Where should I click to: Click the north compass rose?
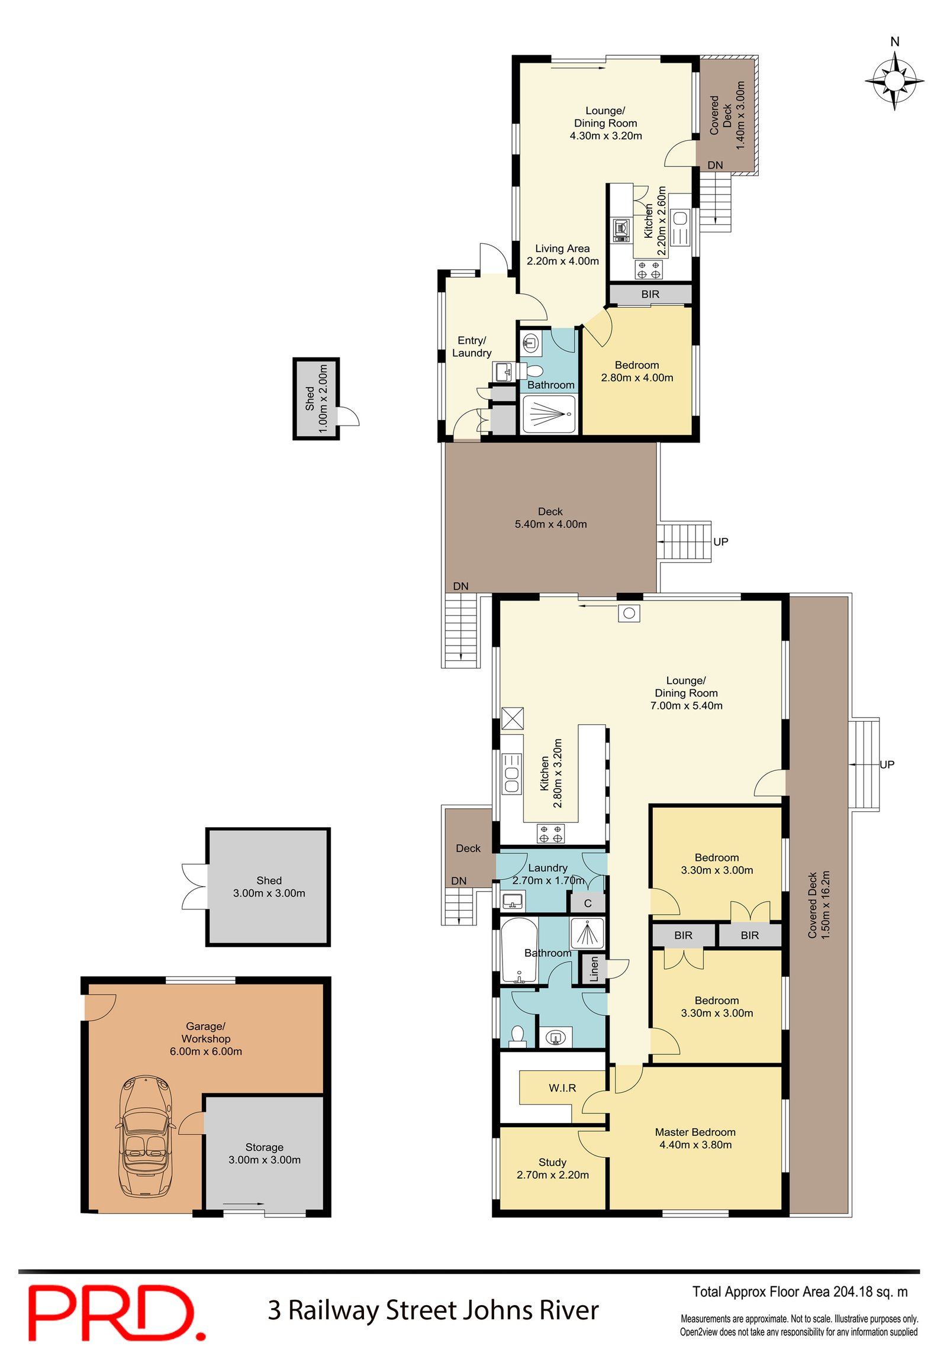[894, 80]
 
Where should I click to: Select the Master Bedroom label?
[695, 1138]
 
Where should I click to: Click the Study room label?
[552, 1169]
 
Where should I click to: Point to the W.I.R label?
[562, 1087]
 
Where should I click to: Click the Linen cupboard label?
[594, 969]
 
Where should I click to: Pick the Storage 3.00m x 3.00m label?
[264, 1153]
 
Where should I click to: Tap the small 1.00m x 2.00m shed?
[316, 398]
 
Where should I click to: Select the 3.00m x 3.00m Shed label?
[269, 886]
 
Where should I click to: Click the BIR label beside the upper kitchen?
[650, 294]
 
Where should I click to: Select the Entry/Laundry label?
[471, 347]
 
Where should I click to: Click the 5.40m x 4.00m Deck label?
[550, 518]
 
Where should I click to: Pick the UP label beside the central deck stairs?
[720, 541]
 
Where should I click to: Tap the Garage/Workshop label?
[205, 1038]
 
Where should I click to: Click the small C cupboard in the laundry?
[587, 903]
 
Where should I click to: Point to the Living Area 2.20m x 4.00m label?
[562, 254]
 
